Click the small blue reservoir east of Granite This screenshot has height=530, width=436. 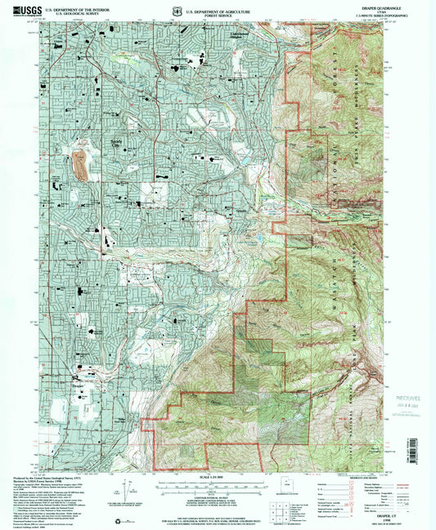point(258,238)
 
